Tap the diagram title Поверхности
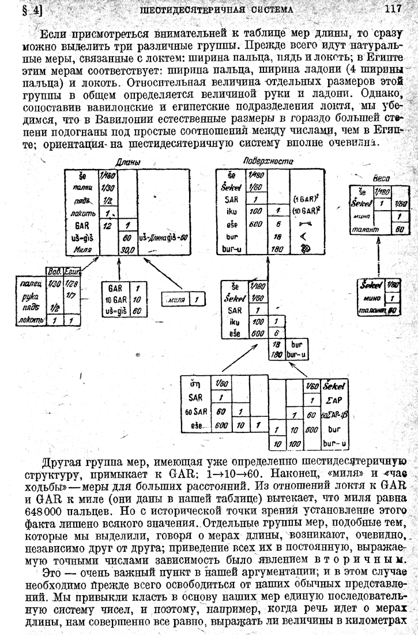pos(268,161)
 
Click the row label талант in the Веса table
pos(365,229)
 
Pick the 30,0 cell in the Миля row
pos(127,249)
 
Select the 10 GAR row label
pos(114,300)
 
